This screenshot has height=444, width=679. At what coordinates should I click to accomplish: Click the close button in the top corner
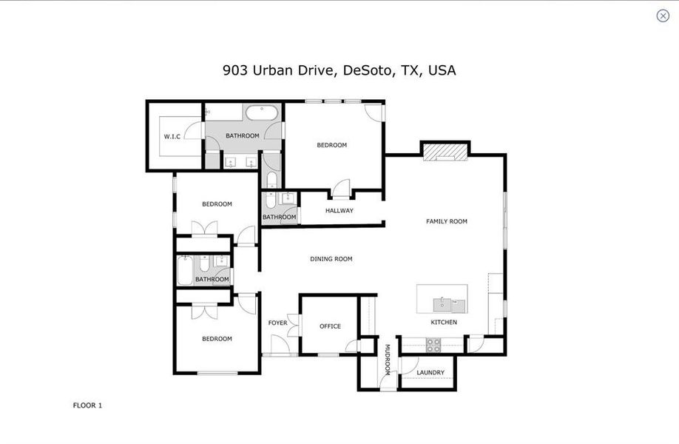tap(663, 16)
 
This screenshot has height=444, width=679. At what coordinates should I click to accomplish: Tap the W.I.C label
tap(172, 136)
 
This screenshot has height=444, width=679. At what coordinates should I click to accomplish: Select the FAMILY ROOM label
tap(446, 221)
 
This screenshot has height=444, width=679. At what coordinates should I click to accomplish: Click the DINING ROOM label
tap(331, 259)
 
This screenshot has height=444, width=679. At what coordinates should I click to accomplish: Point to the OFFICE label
tap(330, 326)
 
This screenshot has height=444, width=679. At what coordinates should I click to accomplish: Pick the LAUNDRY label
tap(430, 372)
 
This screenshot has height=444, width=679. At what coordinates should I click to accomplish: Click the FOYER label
tap(277, 323)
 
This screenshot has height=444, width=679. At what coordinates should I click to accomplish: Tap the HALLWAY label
tap(339, 211)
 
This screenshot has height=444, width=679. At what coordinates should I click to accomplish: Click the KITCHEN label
tap(444, 323)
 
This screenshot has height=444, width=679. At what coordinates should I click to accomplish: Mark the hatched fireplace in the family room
tap(445, 151)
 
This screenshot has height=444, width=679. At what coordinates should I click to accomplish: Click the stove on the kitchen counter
tap(433, 344)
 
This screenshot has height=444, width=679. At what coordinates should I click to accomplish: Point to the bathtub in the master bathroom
tap(262, 113)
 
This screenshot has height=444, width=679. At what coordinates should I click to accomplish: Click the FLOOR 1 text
tap(87, 405)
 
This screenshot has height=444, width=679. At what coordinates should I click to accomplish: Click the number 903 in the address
tap(235, 71)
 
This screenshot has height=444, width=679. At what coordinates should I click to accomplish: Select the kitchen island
tap(442, 298)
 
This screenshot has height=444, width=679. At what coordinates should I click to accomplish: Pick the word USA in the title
tap(442, 71)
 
